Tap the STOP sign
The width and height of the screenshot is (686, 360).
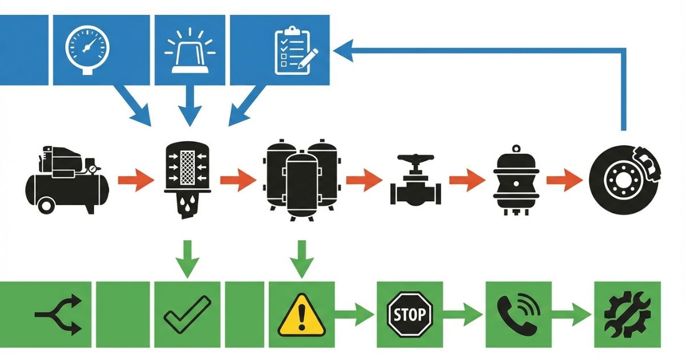pos(410,314)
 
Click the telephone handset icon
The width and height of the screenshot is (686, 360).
pos(518,314)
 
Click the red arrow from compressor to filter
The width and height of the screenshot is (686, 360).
pos(135,182)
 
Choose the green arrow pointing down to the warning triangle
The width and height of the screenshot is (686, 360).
pos(302,260)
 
